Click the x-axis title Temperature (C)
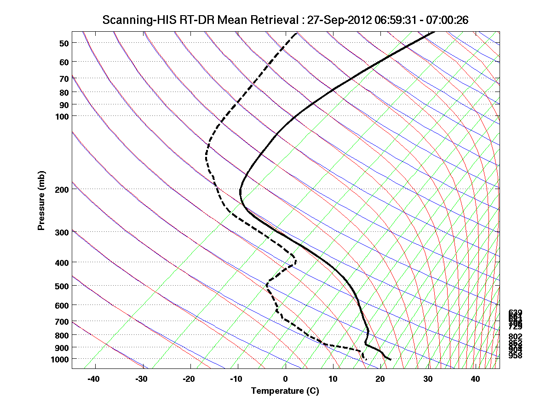tap(285, 391)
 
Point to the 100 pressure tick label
tap(61, 115)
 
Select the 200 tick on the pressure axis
tap(61, 189)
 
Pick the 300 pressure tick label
tap(61, 232)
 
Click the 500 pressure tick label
tap(61, 286)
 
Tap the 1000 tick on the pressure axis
tap(59, 359)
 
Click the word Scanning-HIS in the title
tap(133, 20)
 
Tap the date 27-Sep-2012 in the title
tap(338, 20)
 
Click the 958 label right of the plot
tap(515, 356)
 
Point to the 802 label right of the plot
tap(515, 337)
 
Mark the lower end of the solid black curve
tap(391, 359)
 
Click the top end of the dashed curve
tap(297, 32)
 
